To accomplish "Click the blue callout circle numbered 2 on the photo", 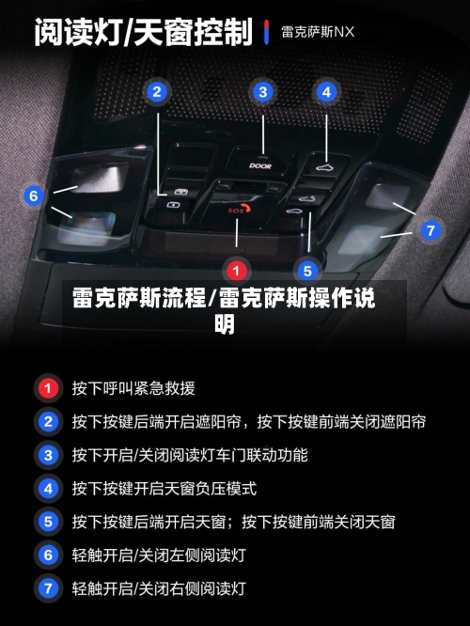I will click(x=157, y=92).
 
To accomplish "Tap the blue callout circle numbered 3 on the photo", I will click(x=263, y=92).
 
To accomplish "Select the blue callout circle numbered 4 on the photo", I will click(x=326, y=92).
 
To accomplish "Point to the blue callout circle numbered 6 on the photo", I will click(x=35, y=196).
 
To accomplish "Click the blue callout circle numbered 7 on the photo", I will click(x=431, y=229).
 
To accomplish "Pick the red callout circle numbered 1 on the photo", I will click(x=237, y=271).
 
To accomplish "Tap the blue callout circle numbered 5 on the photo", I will click(x=307, y=271).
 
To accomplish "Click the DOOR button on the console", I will click(x=260, y=164).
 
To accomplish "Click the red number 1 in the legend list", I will click(x=46, y=387).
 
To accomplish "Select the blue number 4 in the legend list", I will click(x=46, y=489).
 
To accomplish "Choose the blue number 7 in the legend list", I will click(x=46, y=589).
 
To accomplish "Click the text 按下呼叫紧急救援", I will click(x=133, y=387).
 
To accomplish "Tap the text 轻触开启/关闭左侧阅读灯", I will click(x=159, y=556).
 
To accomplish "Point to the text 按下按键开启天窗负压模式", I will click(x=164, y=489).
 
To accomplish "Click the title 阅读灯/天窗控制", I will click(x=144, y=33).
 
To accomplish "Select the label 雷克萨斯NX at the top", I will click(x=318, y=31).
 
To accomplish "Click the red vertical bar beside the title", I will click(x=267, y=31).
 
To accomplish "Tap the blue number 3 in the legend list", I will click(x=46, y=455).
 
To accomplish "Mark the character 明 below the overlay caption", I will click(x=225, y=324).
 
